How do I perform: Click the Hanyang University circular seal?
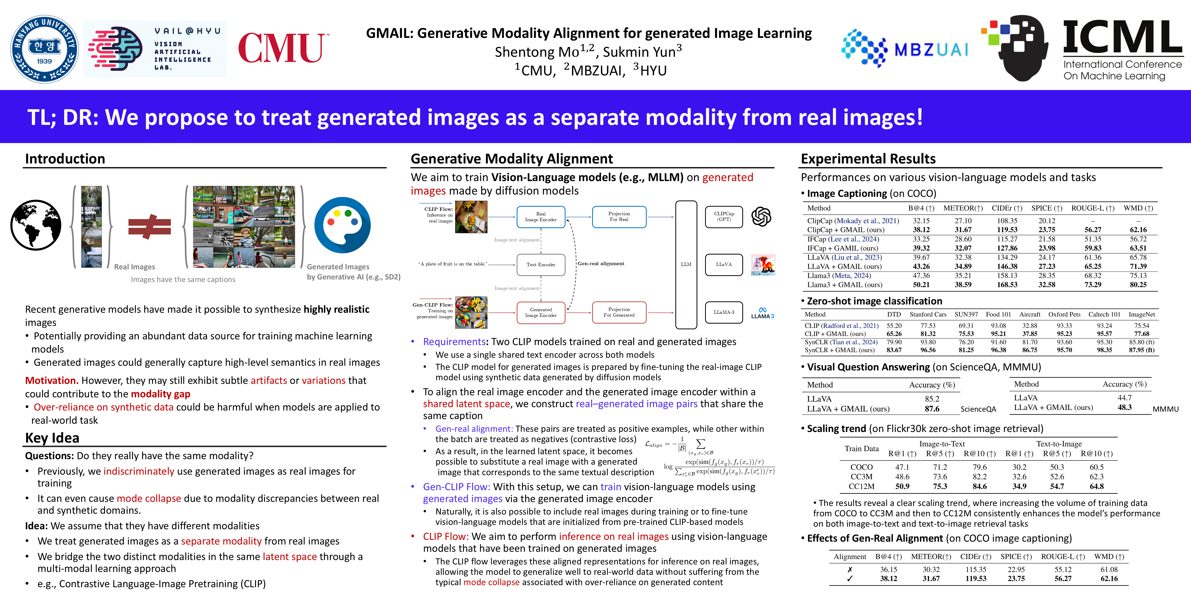pos(44,49)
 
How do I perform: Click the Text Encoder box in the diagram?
pos(540,265)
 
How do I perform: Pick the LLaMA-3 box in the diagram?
pos(724,312)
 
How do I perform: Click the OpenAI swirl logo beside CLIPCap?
pos(761,217)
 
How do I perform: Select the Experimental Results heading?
pos(868,159)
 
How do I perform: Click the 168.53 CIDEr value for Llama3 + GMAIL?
pos(1007,285)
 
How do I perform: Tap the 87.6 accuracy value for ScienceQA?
pos(932,409)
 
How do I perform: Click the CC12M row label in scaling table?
pos(861,486)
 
